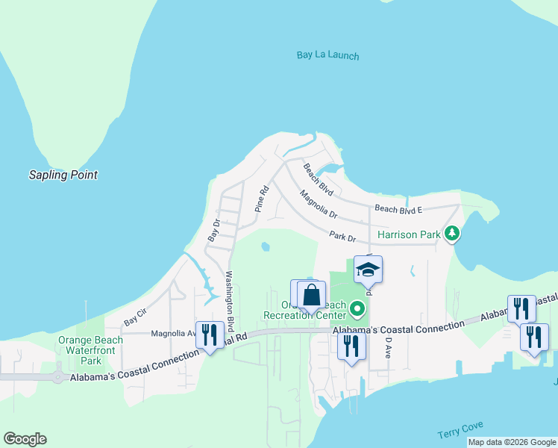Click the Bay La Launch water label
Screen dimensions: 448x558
click(x=327, y=55)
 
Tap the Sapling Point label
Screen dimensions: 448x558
click(x=63, y=175)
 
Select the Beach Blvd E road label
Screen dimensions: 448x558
click(x=398, y=210)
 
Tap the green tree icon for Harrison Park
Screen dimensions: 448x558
click(x=451, y=234)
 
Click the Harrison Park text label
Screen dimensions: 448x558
click(x=410, y=234)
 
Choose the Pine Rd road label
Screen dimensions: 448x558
click(x=261, y=199)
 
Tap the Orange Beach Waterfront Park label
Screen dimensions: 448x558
click(x=90, y=350)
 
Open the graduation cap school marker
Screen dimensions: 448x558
click(x=368, y=269)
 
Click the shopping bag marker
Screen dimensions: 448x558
click(x=311, y=294)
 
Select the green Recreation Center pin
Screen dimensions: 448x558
click(x=358, y=307)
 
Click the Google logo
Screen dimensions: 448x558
click(x=25, y=439)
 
